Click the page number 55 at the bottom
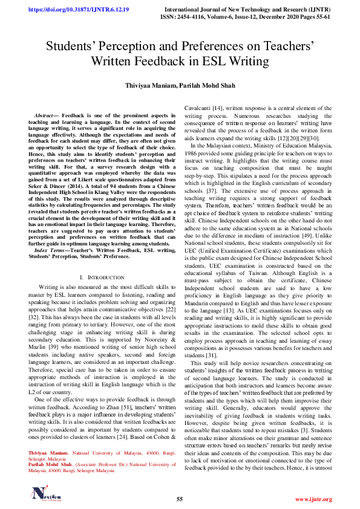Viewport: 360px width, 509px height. (180, 499)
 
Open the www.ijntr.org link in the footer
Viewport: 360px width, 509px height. (313, 499)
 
